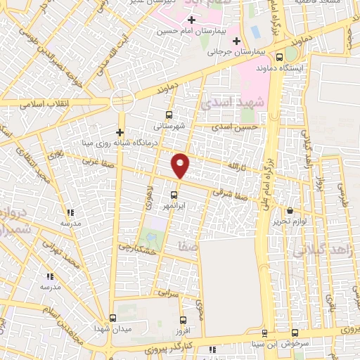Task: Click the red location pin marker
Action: click(x=181, y=165)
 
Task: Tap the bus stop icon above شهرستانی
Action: click(x=168, y=115)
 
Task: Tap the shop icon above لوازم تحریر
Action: click(x=290, y=210)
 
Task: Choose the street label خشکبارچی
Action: click(x=136, y=247)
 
